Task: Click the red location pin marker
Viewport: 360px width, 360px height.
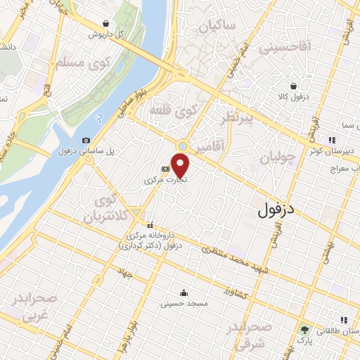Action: click(181, 165)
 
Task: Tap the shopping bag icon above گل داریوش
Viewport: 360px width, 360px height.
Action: click(105, 23)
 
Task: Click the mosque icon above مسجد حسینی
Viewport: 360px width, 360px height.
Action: click(184, 293)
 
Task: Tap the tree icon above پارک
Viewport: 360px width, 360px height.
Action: click(304, 329)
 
